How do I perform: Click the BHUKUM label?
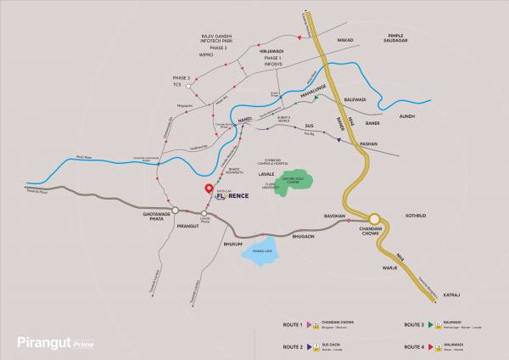[232, 244]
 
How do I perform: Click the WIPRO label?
[206, 54]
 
